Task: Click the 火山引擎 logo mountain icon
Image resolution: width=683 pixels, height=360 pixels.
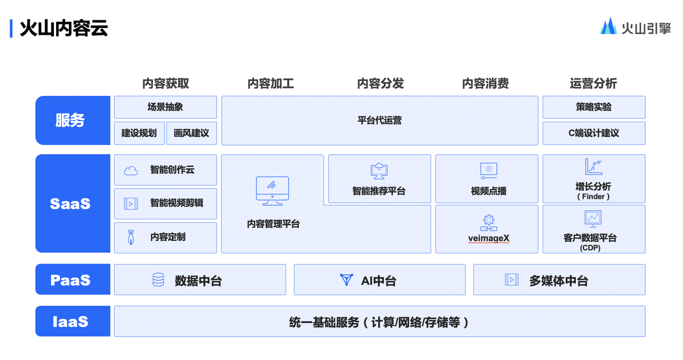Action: pos(609,26)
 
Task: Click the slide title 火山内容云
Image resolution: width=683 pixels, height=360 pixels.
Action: pos(63,28)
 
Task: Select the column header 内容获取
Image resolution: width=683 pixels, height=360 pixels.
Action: pos(165,83)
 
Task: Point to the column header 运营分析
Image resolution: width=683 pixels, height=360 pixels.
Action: pos(593,83)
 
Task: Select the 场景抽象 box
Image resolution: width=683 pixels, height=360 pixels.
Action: pos(165,107)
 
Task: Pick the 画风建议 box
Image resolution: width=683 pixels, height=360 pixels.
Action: pos(192,133)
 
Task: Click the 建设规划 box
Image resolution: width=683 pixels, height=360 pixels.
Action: pos(139,133)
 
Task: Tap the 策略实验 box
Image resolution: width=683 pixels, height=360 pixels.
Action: pos(594,107)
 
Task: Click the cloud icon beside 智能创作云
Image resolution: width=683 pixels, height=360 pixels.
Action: pos(131,171)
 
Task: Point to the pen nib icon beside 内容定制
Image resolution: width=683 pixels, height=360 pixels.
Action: pos(131,237)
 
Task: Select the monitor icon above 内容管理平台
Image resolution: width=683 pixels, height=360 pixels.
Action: pos(272,191)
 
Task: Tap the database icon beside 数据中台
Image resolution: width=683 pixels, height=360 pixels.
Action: pos(158,279)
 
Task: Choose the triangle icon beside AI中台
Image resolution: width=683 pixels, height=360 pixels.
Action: pos(346,279)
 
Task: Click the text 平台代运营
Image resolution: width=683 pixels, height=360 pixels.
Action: pos(379,121)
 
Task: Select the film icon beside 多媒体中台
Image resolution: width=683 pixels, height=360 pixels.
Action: pos(512,279)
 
